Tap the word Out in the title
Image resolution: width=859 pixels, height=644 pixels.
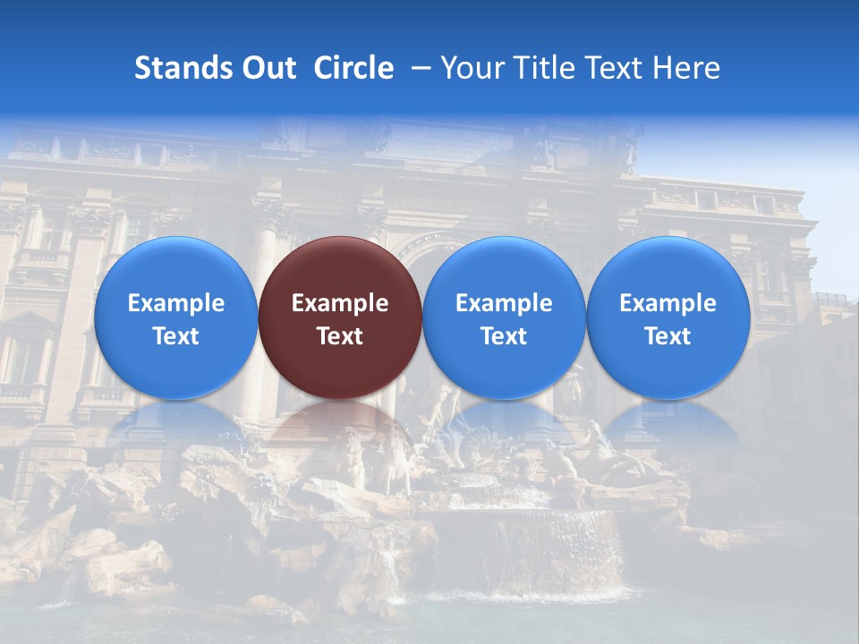tap(268, 68)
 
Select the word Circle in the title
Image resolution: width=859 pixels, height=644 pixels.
tap(353, 68)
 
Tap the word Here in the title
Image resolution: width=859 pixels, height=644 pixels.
tap(685, 68)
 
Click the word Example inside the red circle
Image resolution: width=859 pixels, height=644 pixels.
tap(340, 303)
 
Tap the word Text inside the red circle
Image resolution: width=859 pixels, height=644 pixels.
tap(340, 336)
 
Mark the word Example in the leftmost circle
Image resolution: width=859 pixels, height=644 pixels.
tap(176, 303)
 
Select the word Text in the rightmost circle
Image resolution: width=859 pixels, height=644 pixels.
tap(668, 336)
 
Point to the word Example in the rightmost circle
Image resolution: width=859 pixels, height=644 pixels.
tap(668, 303)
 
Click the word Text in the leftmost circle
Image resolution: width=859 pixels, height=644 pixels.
tap(176, 336)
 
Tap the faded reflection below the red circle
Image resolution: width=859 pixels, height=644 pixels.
tap(340, 429)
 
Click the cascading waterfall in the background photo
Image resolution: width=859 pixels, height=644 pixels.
tap(537, 546)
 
